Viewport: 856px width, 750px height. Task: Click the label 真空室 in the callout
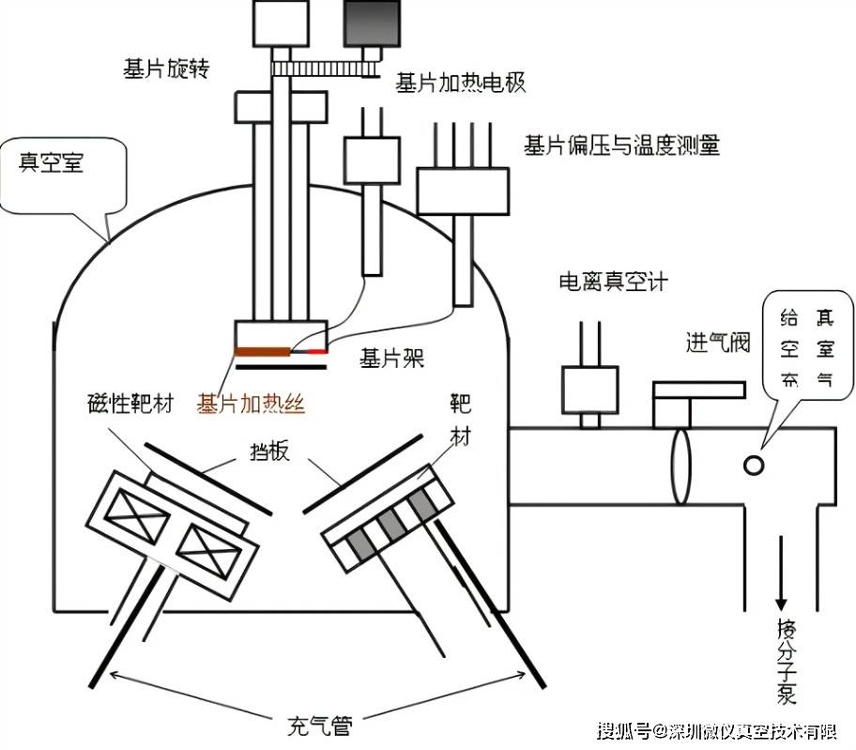click(x=52, y=162)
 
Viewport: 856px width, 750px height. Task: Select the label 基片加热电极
click(x=460, y=83)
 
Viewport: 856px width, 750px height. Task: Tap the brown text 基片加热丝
click(x=251, y=404)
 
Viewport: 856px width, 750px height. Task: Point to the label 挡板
click(x=271, y=453)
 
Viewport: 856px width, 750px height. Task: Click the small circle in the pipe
click(x=753, y=464)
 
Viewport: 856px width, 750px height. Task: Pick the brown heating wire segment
click(x=262, y=352)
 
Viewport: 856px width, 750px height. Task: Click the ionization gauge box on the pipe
click(x=588, y=389)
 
